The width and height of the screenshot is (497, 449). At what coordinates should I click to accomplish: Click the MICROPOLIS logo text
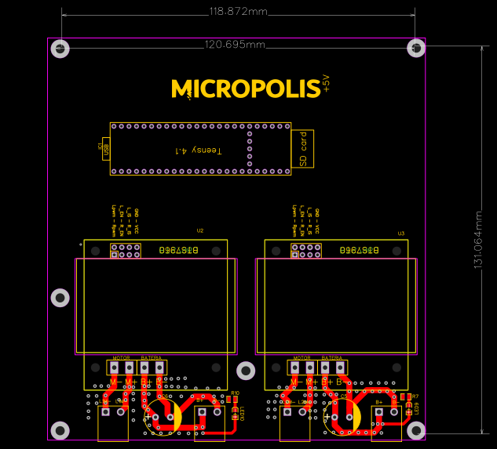tap(246, 88)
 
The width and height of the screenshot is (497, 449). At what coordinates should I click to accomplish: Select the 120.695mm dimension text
tap(234, 45)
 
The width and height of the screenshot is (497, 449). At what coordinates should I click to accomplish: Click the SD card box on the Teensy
tap(302, 148)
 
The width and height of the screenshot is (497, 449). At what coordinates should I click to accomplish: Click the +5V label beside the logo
tap(327, 85)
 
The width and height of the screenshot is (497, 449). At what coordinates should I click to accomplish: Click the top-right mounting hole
tap(416, 49)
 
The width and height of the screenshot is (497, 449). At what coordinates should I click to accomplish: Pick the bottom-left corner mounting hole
tap(60, 429)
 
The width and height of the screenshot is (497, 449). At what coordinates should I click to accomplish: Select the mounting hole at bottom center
tap(246, 370)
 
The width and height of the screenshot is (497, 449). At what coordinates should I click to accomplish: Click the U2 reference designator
tap(200, 231)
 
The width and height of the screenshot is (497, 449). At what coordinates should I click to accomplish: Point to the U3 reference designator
tap(400, 234)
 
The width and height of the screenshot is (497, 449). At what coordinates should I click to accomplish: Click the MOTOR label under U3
tap(301, 357)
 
